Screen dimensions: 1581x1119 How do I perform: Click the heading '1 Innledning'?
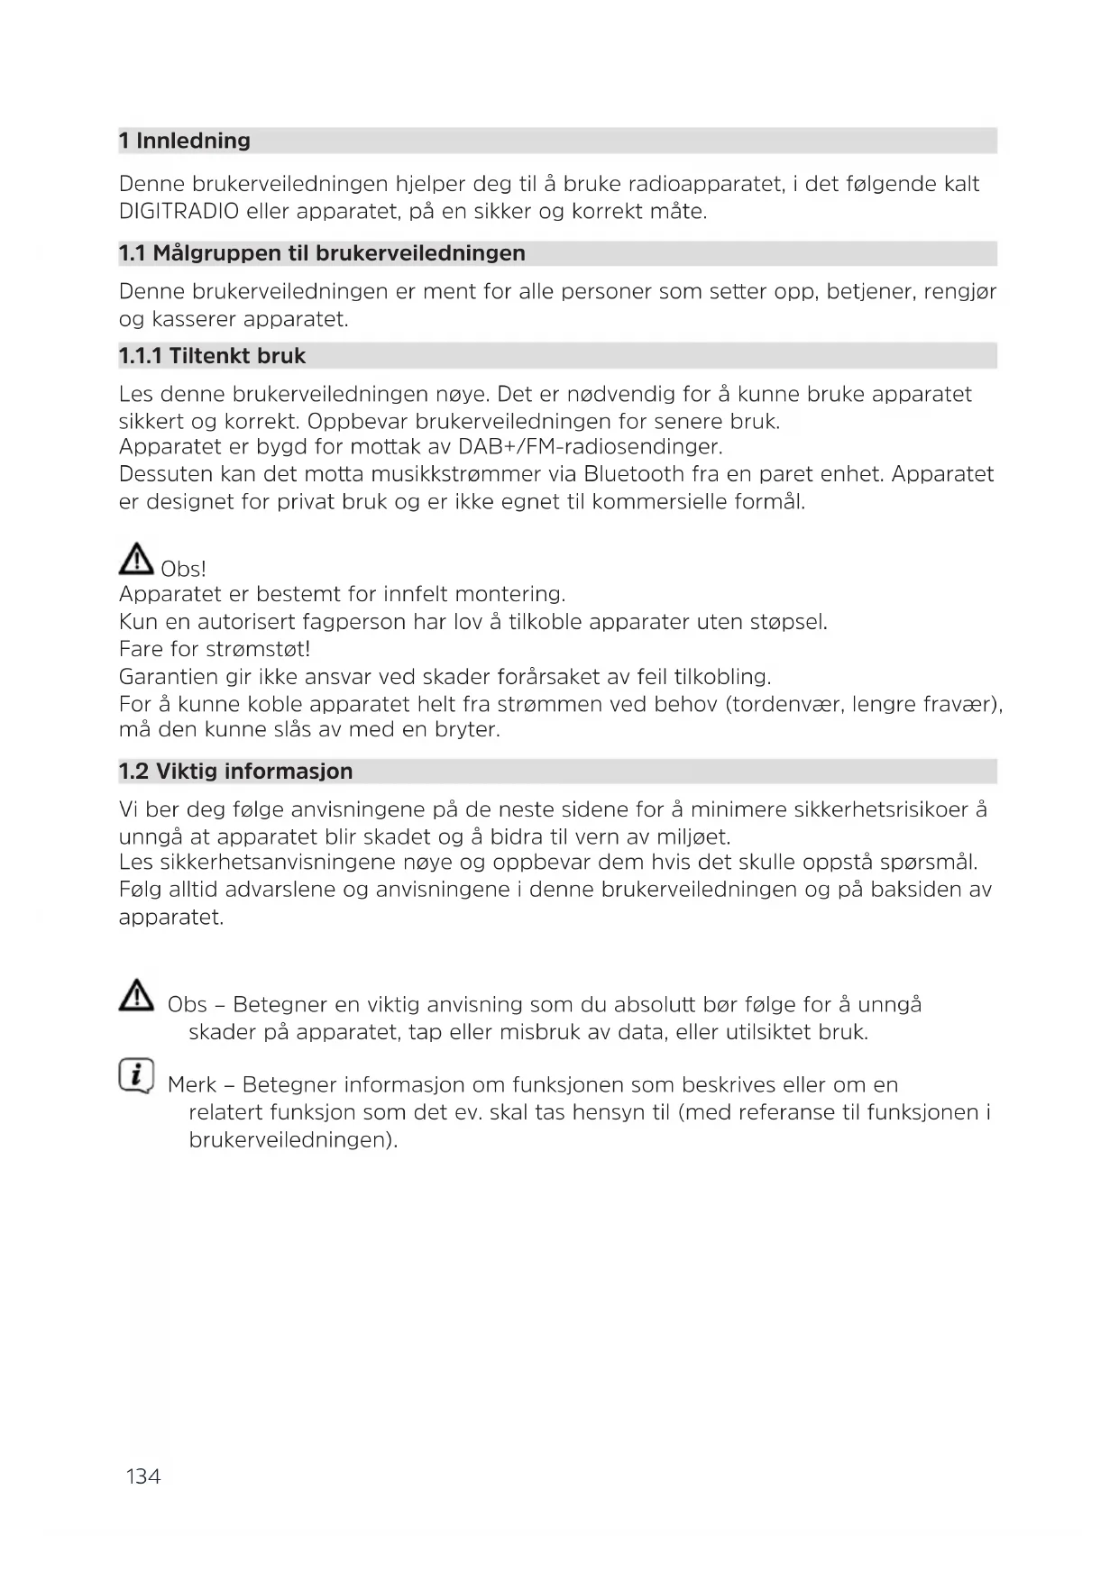185,141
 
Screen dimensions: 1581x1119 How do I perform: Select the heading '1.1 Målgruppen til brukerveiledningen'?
322,253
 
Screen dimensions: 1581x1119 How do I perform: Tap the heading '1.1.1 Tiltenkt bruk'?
213,356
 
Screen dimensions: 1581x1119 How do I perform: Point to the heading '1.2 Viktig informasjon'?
236,772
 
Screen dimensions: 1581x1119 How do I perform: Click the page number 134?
143,1476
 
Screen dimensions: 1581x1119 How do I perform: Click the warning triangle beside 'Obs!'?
136,561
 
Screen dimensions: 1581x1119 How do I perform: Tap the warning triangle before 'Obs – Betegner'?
136,995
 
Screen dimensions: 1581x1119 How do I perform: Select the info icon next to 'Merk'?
136,1075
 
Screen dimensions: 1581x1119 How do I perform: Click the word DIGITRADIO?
179,212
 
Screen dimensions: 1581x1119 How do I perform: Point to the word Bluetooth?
634,474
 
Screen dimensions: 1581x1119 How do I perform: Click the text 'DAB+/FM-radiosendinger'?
591,447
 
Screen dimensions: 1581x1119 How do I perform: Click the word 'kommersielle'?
667,502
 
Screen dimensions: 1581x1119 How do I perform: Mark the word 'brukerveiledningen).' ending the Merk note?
293,1140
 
